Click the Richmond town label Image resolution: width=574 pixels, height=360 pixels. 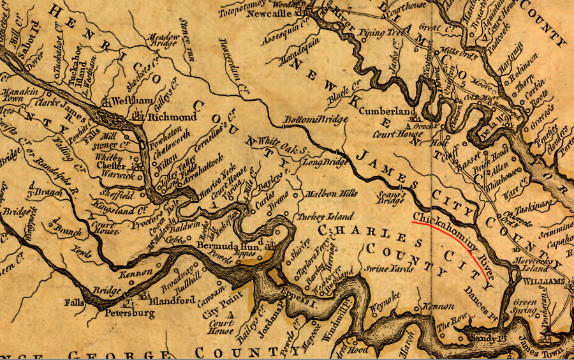pos(172,117)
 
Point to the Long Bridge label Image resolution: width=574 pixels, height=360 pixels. pos(319,162)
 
